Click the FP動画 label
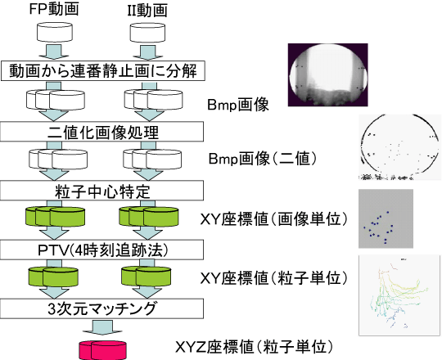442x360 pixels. tap(54, 9)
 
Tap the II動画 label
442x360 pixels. tap(147, 11)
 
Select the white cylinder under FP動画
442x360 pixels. tap(55, 33)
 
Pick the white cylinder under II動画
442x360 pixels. tap(147, 33)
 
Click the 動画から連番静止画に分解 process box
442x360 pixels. tap(103, 70)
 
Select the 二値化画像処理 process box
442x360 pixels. tap(101, 132)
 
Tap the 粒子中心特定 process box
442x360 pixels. tap(101, 191)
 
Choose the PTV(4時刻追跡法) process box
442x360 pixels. tap(101, 250)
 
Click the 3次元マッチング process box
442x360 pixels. tap(101, 308)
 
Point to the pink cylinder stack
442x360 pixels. tap(102, 350)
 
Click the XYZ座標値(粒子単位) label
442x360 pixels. tap(254, 347)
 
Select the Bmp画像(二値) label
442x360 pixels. tap(263, 159)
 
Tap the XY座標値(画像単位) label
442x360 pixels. tap(274, 219)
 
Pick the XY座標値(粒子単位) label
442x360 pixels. tap(274, 279)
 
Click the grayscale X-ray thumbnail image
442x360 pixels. tap(328, 75)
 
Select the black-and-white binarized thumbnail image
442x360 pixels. tap(399, 147)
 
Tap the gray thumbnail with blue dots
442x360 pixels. tap(386, 218)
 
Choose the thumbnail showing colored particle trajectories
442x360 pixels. tap(399, 295)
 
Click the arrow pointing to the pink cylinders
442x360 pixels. tap(102, 327)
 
